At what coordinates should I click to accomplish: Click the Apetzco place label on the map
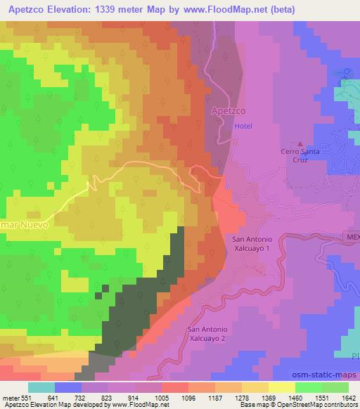[227, 111]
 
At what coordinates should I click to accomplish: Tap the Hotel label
[243, 125]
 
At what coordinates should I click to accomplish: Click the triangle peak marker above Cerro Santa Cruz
[301, 141]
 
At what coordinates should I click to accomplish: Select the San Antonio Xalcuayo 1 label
[251, 244]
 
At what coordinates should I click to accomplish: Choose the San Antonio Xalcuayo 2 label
[207, 333]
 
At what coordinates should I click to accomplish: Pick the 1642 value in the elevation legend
[347, 398]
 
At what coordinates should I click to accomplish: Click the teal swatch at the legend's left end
[41, 387]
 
